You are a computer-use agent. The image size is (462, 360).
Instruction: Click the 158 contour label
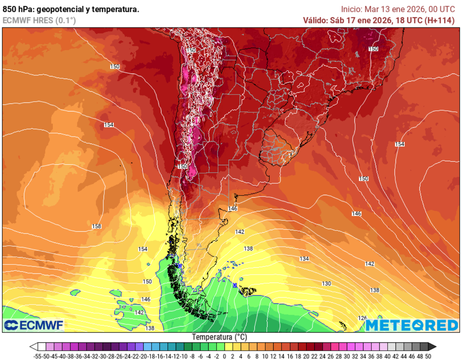(96, 226)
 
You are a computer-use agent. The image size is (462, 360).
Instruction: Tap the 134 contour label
(304, 258)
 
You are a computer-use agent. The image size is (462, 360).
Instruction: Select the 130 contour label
(327, 283)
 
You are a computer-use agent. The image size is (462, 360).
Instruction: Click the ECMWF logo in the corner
(34, 325)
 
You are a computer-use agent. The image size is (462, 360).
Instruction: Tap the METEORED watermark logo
(412, 325)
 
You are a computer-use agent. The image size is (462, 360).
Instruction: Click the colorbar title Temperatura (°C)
(220, 337)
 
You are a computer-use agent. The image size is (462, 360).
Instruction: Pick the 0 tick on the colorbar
(225, 356)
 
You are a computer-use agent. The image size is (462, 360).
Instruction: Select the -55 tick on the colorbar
(38, 356)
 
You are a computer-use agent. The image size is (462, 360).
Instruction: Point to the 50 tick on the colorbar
(428, 356)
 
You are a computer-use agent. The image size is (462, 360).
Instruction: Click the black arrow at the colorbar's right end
(432, 346)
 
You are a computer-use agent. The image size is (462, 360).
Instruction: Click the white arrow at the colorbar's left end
(33, 346)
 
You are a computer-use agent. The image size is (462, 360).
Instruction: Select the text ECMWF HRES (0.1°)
(39, 20)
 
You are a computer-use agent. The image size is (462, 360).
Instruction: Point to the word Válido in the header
(315, 20)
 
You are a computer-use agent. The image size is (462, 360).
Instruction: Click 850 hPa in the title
(17, 9)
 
